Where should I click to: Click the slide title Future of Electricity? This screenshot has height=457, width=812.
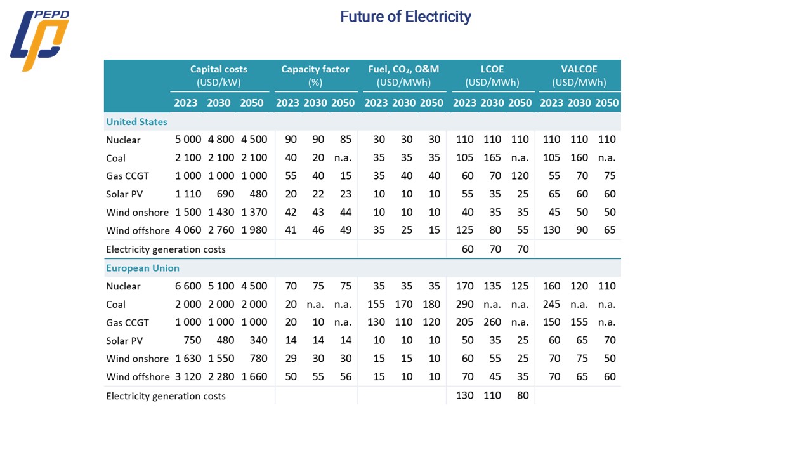[x=405, y=17]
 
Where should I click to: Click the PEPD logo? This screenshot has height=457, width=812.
[x=39, y=41]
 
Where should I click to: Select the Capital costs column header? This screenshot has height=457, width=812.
[x=219, y=76]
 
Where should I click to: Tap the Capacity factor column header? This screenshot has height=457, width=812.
[x=315, y=76]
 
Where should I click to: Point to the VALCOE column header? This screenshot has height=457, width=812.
[x=579, y=76]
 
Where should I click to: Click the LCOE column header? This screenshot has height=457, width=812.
[x=492, y=76]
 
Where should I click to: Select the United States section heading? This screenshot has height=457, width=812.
[x=137, y=122]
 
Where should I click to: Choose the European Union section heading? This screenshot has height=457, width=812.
[x=143, y=268]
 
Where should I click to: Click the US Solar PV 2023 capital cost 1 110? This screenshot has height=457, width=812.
[x=188, y=194]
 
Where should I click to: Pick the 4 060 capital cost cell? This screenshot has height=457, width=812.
[x=188, y=230]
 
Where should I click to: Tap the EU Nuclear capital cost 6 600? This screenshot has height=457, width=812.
[x=188, y=286]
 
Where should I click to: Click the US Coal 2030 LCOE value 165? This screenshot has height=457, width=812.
[x=492, y=158]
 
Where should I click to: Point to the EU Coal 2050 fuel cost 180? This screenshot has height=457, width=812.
[x=431, y=305]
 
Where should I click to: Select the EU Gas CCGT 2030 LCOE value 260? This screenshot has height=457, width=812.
[x=492, y=322]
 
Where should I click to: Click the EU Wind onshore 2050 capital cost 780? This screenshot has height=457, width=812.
[x=257, y=359]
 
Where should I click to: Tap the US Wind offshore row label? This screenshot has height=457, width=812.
[x=138, y=230]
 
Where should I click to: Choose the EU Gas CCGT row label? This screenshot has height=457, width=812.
[x=128, y=322]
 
